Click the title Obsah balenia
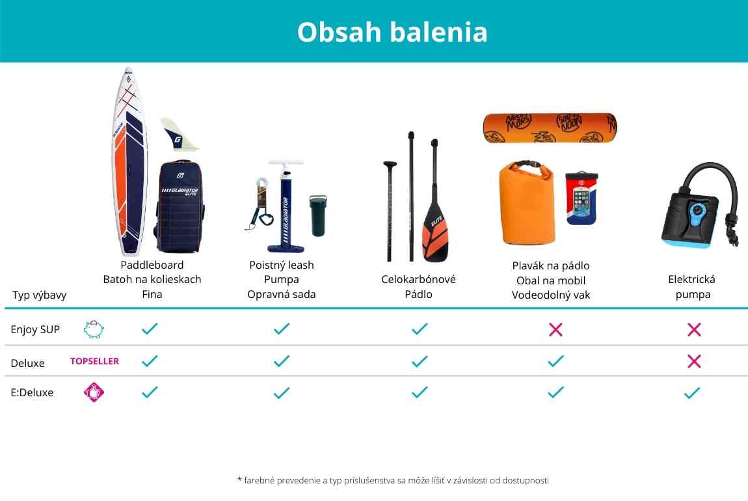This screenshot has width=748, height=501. point(392,32)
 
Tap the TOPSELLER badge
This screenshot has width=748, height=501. point(94,361)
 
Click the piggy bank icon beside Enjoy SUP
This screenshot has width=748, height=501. point(94,329)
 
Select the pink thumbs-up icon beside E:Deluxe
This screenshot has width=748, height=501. point(94,392)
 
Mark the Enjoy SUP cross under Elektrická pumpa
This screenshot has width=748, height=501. point(694,329)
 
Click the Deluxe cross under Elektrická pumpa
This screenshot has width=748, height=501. point(694,361)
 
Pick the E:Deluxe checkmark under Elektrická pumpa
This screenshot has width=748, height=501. point(692,393)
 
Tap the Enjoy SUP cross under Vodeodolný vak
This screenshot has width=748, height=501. point(555,329)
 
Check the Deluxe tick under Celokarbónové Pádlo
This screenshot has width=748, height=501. point(420,361)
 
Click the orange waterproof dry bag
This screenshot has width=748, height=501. point(527,203)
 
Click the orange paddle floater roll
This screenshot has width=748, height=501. point(550,128)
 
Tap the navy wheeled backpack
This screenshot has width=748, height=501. point(180,206)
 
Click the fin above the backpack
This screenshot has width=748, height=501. point(178,134)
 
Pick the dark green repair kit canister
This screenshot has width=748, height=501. point(318,215)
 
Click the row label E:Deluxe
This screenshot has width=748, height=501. point(32,393)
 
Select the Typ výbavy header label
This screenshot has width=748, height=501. point(39,295)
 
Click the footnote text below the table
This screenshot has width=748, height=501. point(393,480)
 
